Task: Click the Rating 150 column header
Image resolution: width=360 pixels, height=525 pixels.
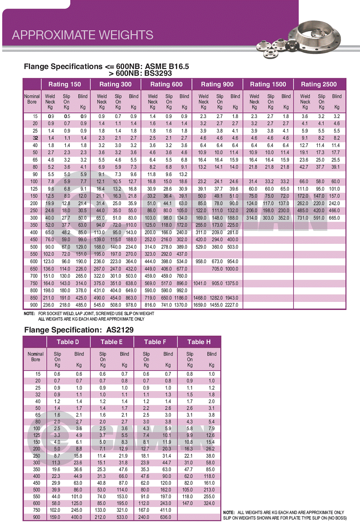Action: click(64, 84)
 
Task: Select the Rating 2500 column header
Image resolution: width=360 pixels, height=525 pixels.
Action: click(318, 84)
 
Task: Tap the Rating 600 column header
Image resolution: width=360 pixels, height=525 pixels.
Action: click(166, 84)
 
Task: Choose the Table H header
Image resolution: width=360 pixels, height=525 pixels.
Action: click(199, 342)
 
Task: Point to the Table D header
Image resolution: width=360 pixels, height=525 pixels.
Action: click(68, 342)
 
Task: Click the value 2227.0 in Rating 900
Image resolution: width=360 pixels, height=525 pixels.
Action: click(231, 305)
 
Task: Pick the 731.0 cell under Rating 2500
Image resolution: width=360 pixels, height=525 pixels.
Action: click(303, 218)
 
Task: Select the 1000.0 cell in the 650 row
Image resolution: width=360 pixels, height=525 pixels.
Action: click(232, 269)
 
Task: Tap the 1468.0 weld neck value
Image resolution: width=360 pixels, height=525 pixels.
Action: click(200, 298)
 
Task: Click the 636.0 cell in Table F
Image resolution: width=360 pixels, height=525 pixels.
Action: click(165, 517)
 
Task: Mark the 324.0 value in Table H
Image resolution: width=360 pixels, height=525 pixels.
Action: click(209, 503)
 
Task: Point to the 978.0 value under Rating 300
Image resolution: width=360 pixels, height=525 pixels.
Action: click(131, 305)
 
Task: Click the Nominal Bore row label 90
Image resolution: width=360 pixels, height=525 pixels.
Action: click(35, 174)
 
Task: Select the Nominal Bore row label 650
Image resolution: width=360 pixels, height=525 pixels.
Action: click(34, 269)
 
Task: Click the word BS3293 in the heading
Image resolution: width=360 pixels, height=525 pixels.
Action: click(158, 73)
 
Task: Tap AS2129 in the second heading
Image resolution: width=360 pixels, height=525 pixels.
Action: click(120, 330)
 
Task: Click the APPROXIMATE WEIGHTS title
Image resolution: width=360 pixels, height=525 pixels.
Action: click(82, 35)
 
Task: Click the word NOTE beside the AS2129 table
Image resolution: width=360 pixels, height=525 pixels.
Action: click(229, 512)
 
